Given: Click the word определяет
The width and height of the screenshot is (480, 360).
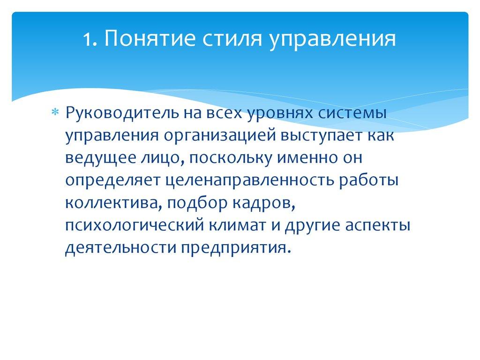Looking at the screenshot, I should (x=111, y=180).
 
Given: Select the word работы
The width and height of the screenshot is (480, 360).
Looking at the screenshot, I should (x=372, y=180).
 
